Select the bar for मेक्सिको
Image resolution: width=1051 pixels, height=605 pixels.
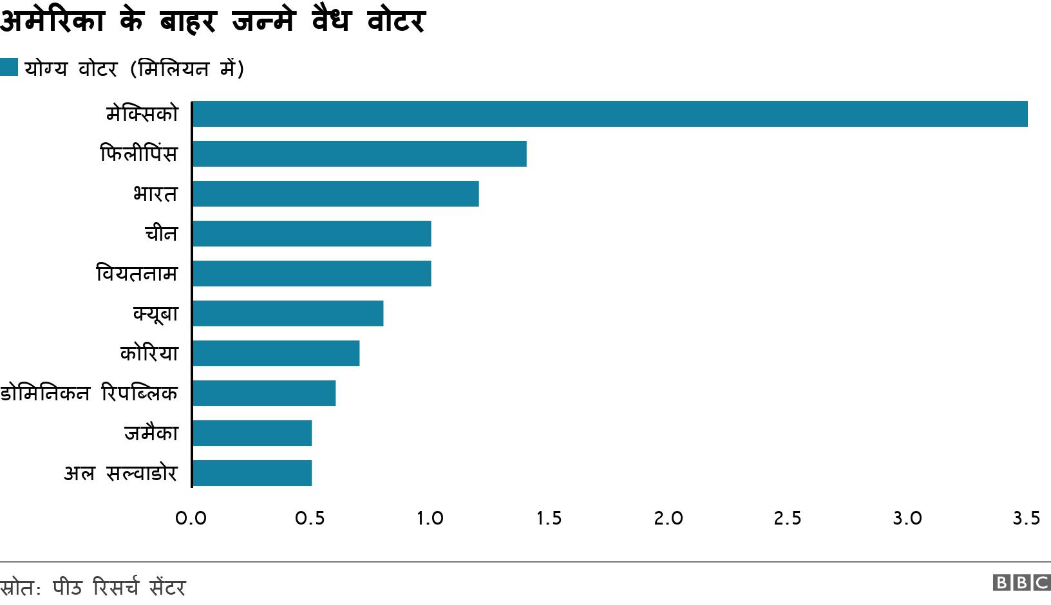[610, 114]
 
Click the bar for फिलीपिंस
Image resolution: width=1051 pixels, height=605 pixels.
[359, 154]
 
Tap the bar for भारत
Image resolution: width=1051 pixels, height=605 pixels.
[336, 194]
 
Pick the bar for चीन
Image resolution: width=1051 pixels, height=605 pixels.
[312, 234]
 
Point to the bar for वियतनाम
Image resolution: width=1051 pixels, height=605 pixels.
[312, 274]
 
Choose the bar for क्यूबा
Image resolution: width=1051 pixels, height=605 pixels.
[288, 313]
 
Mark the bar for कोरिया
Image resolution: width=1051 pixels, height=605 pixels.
[276, 353]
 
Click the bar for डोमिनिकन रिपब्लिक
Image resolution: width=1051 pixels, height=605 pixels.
[264, 393]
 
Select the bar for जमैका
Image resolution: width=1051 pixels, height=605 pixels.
[252, 433]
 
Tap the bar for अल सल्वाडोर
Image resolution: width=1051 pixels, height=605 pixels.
[252, 473]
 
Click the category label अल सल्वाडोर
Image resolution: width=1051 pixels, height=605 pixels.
[120, 474]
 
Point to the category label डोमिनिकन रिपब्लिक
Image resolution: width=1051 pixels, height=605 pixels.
[89, 393]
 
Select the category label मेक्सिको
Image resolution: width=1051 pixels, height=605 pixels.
[142, 114]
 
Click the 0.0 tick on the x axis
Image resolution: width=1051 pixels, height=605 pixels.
[191, 518]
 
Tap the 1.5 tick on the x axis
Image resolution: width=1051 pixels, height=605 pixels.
[549, 518]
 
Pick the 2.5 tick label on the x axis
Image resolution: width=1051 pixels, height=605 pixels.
[787, 518]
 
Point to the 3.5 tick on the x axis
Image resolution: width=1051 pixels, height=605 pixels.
[1026, 518]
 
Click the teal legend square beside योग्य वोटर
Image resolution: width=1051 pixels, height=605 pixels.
[9, 67]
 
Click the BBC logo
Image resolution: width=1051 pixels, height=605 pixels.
[1021, 582]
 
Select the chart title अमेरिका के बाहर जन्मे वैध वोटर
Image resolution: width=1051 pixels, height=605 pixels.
[213, 21]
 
